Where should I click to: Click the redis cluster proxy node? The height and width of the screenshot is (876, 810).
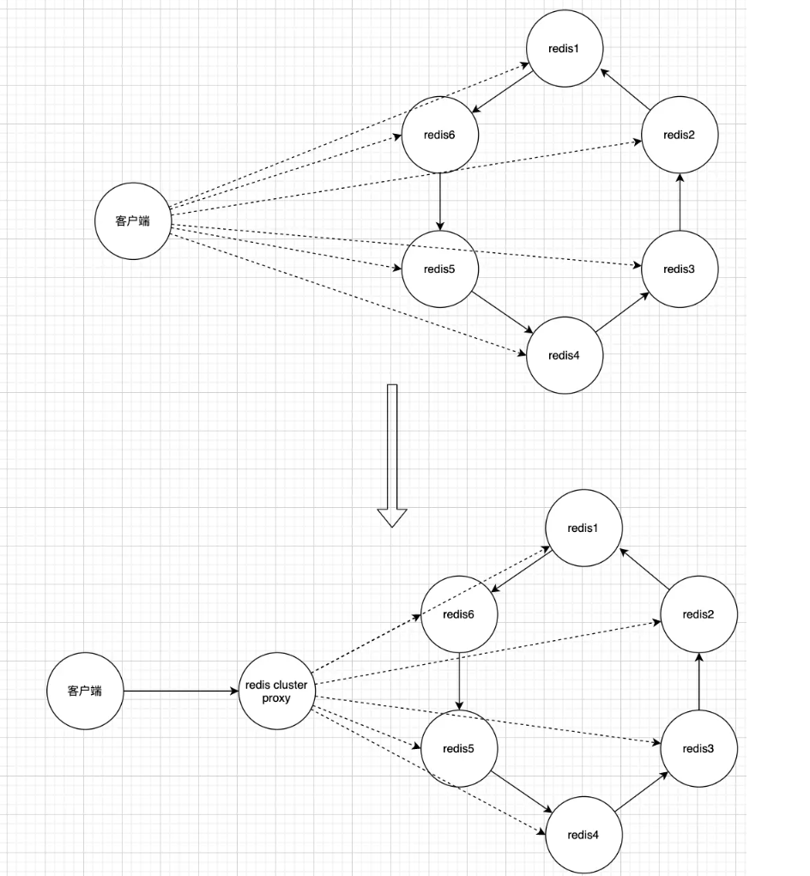click(276, 691)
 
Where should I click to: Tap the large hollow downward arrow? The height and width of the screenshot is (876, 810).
click(392, 455)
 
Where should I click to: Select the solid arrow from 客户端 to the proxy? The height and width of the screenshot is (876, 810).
click(180, 691)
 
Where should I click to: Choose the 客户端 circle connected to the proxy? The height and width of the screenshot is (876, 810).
click(85, 691)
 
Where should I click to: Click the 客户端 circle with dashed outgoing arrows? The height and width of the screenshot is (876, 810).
click(133, 221)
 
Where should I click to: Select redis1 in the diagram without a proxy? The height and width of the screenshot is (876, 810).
click(564, 48)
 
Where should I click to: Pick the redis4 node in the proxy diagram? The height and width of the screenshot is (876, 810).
click(583, 835)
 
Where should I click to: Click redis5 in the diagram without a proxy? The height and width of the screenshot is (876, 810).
click(439, 269)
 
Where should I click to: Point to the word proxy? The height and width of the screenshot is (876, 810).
click(276, 698)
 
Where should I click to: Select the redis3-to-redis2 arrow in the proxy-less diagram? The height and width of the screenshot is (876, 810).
click(680, 202)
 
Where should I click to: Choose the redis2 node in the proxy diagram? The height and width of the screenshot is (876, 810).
click(698, 614)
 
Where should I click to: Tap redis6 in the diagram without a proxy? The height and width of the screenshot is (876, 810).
click(439, 135)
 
